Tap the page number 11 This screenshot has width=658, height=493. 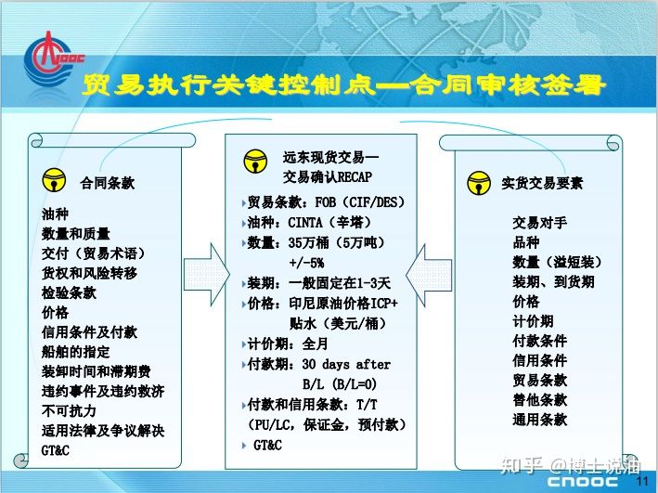point(642,481)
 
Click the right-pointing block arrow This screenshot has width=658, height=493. point(207,275)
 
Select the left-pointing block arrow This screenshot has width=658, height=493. point(429,275)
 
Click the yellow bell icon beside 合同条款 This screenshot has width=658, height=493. point(54,180)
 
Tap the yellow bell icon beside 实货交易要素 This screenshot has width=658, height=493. point(479,183)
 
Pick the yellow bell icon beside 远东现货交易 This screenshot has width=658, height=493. point(255,162)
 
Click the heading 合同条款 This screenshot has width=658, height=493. point(108,183)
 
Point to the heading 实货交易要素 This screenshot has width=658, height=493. point(542,183)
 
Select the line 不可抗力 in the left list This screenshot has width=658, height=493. point(69,410)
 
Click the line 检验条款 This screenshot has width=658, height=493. point(69,292)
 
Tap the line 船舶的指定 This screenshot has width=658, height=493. point(75,352)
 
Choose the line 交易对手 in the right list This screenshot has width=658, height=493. point(539,223)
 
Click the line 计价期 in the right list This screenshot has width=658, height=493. point(533,321)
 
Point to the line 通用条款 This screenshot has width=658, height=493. point(539,420)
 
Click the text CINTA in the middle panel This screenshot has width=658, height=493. point(305,223)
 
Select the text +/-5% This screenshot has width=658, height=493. point(307,264)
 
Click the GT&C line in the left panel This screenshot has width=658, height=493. point(56,450)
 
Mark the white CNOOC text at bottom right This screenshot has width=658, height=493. point(583,482)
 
